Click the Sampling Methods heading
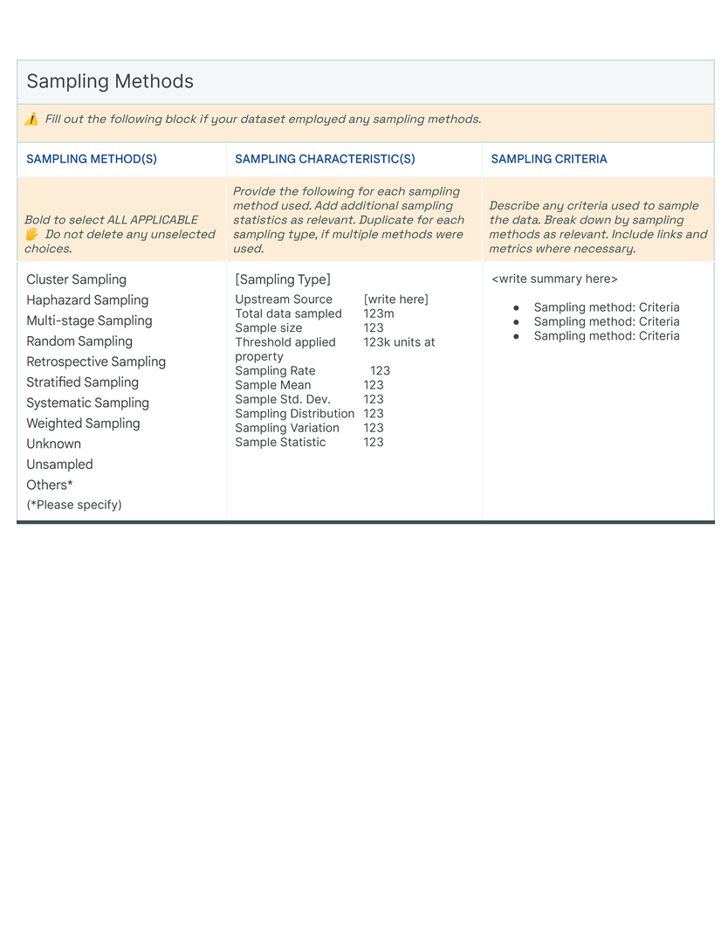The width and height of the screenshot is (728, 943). click(110, 82)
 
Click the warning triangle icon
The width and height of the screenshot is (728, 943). click(31, 120)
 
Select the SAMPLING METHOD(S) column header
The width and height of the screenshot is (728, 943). click(92, 159)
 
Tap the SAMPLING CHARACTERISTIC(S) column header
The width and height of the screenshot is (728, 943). click(325, 159)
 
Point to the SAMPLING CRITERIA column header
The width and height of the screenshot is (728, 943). click(549, 159)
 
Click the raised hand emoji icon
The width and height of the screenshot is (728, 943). click(31, 235)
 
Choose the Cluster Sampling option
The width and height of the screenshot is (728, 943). click(76, 279)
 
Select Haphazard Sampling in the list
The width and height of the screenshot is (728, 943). click(87, 300)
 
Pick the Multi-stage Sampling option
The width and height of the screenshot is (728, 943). click(89, 320)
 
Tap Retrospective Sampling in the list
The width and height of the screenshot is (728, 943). click(96, 361)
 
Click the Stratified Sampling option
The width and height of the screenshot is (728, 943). click(82, 382)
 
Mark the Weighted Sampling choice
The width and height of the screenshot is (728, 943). click(83, 423)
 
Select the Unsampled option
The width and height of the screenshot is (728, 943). click(59, 465)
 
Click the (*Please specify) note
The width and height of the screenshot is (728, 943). click(74, 505)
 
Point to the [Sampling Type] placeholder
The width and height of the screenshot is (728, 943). click(283, 279)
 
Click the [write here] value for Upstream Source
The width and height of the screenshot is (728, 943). click(396, 299)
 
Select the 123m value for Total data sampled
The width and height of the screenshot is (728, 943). click(379, 313)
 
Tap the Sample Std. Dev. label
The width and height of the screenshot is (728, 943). click(283, 399)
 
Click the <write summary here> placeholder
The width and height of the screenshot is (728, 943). click(554, 279)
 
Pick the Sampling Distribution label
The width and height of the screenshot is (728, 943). click(295, 414)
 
